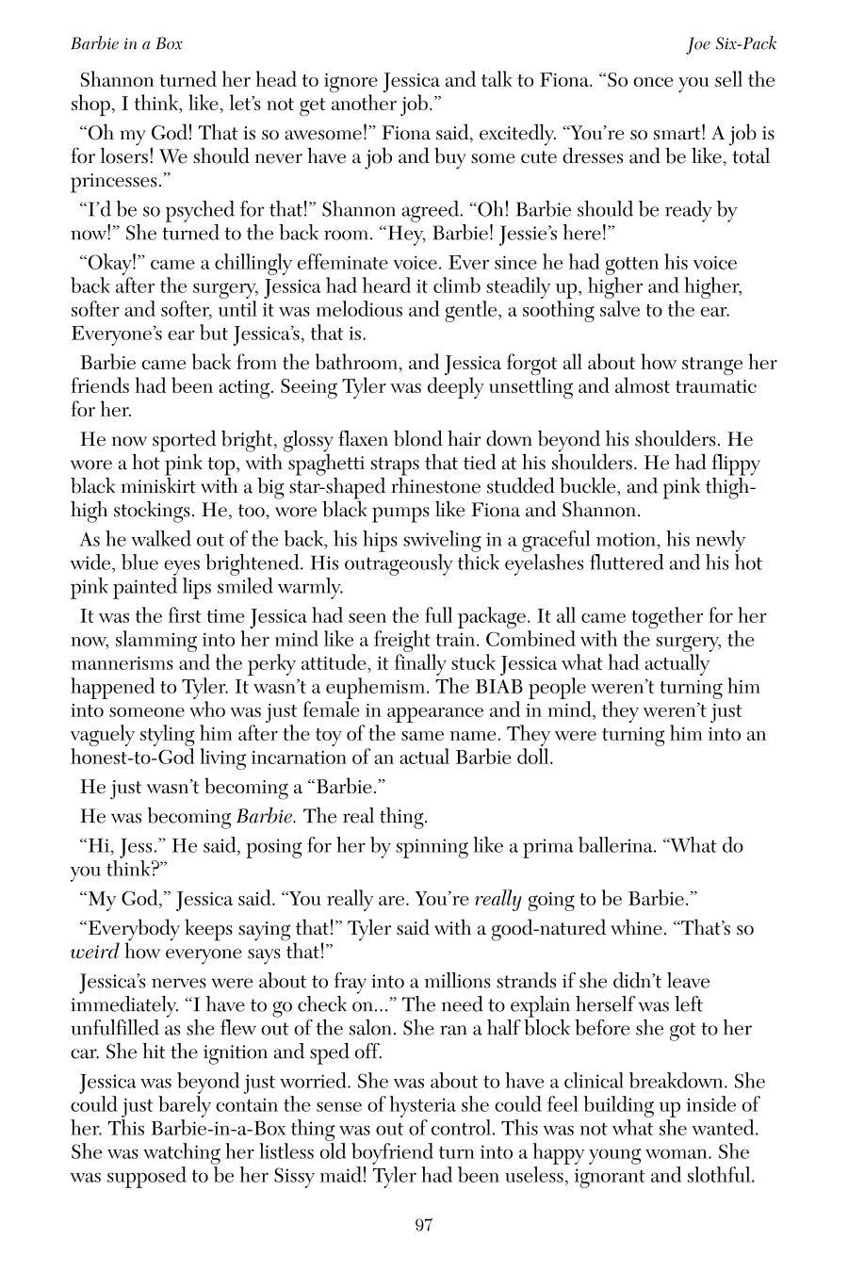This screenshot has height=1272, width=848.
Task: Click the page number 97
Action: (x=423, y=1225)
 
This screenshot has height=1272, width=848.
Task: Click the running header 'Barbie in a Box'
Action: (x=126, y=44)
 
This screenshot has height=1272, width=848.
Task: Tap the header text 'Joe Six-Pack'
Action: (x=732, y=44)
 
